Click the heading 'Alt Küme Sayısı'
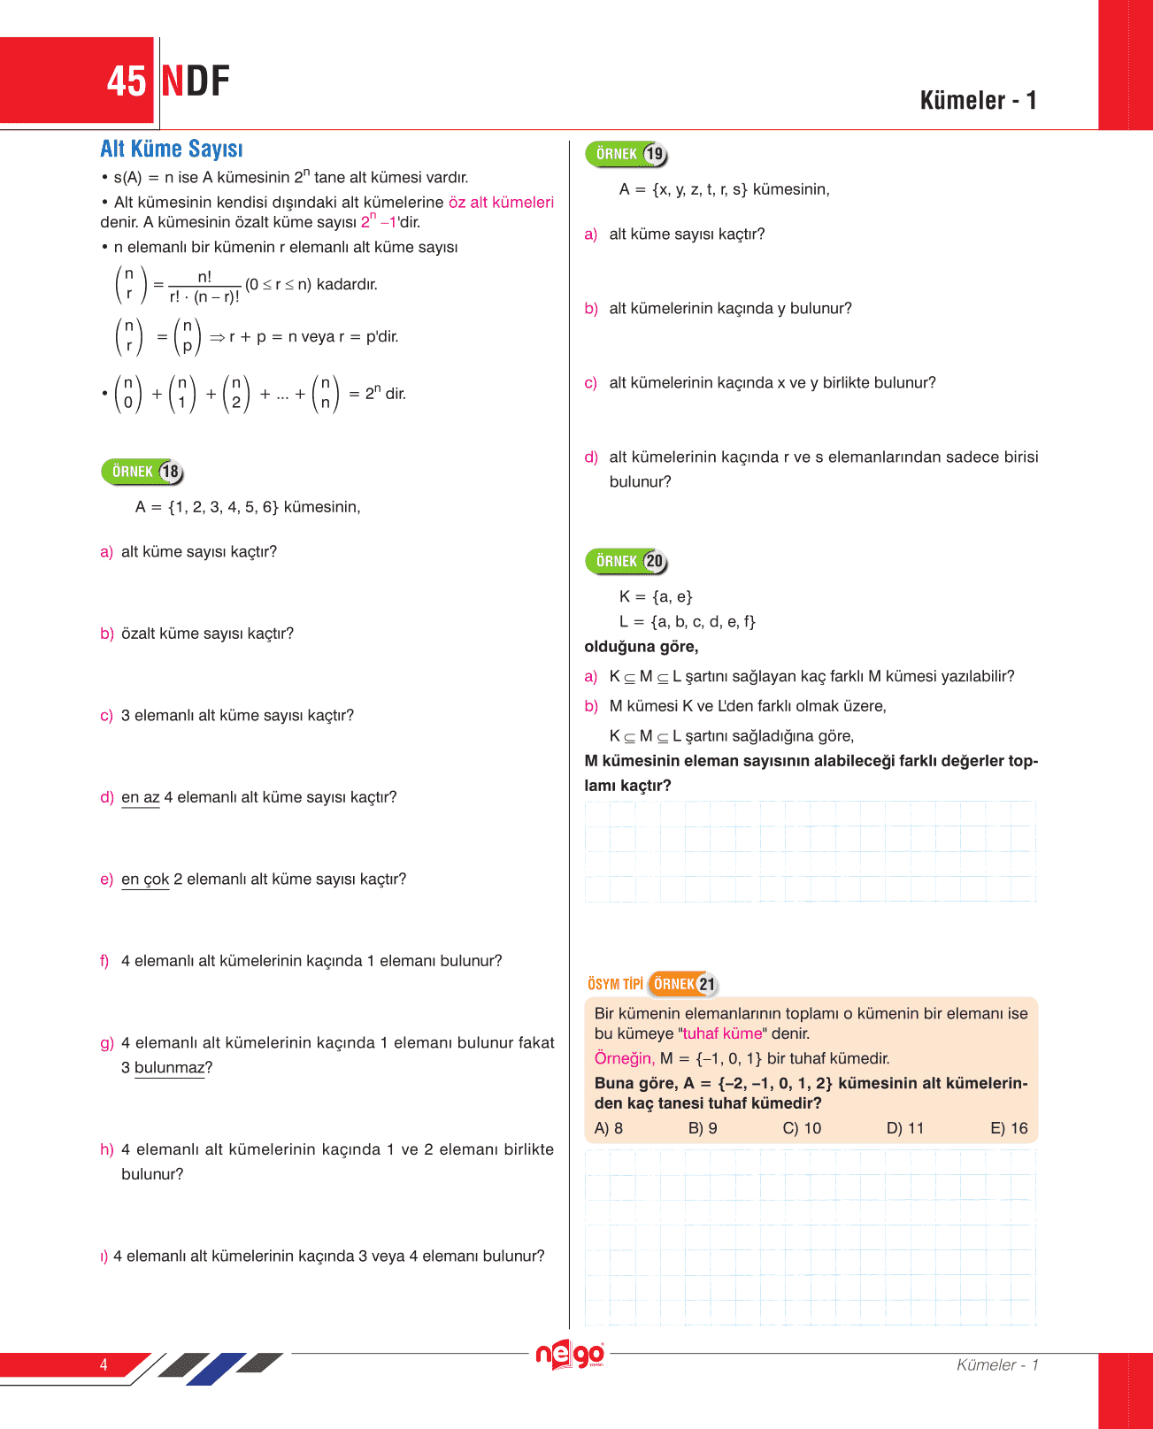(171, 149)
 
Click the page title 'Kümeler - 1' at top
(978, 100)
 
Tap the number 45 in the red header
(127, 81)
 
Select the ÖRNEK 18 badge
(142, 472)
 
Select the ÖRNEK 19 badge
(626, 154)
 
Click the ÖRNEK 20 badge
(626, 561)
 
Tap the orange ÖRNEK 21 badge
(682, 984)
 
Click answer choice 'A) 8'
(609, 1128)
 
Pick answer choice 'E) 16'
(1009, 1128)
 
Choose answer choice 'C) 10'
(802, 1128)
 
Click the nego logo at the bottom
(570, 1355)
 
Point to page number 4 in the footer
(104, 1364)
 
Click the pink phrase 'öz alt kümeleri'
(501, 202)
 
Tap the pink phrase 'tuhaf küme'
(722, 1033)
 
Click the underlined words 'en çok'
(145, 879)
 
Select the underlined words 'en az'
(141, 797)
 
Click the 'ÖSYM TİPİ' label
(615, 984)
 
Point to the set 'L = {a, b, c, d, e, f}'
(688, 621)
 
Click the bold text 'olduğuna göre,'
(642, 647)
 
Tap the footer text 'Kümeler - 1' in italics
(997, 1364)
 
